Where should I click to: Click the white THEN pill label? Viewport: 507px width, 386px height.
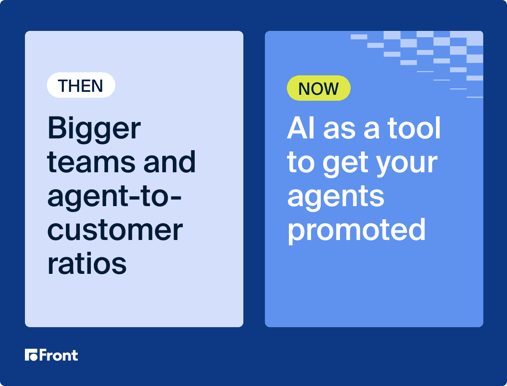tap(81, 85)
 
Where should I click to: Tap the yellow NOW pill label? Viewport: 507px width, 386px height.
tap(319, 88)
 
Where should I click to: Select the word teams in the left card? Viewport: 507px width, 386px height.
tap(91, 162)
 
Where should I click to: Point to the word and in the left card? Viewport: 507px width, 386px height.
tap(169, 161)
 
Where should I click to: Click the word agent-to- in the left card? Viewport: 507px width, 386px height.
tap(114, 197)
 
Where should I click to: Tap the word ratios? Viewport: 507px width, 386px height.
tap(87, 263)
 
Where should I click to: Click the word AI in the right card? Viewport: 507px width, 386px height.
tap(301, 127)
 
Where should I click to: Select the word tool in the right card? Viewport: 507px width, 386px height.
tap(414, 127)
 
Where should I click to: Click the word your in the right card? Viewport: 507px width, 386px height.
tap(406, 164)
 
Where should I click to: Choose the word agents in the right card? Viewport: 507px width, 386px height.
tap(335, 199)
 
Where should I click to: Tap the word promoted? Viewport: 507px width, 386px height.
tap(357, 232)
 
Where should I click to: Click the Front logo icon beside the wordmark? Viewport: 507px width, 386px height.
tap(31, 355)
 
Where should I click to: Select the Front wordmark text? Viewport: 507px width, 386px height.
tap(59, 355)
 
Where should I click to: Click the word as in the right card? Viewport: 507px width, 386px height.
tap(339, 130)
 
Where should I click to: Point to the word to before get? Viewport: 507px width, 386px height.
tap(301, 163)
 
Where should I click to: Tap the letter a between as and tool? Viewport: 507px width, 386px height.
tap(372, 130)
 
